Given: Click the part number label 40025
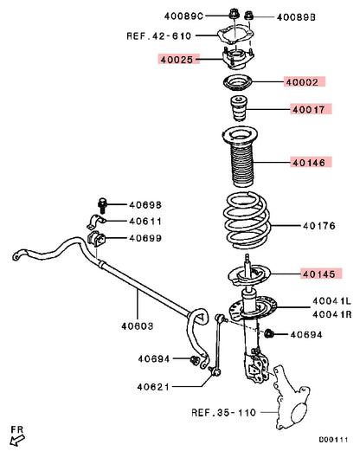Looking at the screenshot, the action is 177,60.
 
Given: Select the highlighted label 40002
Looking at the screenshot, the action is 302,82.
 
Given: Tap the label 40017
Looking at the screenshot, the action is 309,110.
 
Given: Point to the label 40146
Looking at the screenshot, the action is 309,163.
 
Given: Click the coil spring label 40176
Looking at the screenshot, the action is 319,226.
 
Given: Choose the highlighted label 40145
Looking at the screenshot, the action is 319,274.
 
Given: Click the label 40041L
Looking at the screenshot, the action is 331,301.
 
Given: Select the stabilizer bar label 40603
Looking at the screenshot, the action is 138,326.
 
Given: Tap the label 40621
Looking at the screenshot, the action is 153,387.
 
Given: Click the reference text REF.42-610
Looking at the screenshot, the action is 159,36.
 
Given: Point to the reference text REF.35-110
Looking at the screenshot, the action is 223,412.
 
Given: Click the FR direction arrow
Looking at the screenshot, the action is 17,441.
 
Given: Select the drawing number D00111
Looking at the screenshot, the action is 333,440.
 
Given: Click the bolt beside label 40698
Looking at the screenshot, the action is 102,205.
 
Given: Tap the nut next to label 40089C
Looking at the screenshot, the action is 233,14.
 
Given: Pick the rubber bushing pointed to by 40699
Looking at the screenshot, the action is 97,239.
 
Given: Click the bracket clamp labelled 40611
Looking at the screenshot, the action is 97,222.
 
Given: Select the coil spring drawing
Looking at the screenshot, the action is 247,221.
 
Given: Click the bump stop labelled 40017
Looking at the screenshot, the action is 239,107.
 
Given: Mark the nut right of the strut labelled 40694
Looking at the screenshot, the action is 269,333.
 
